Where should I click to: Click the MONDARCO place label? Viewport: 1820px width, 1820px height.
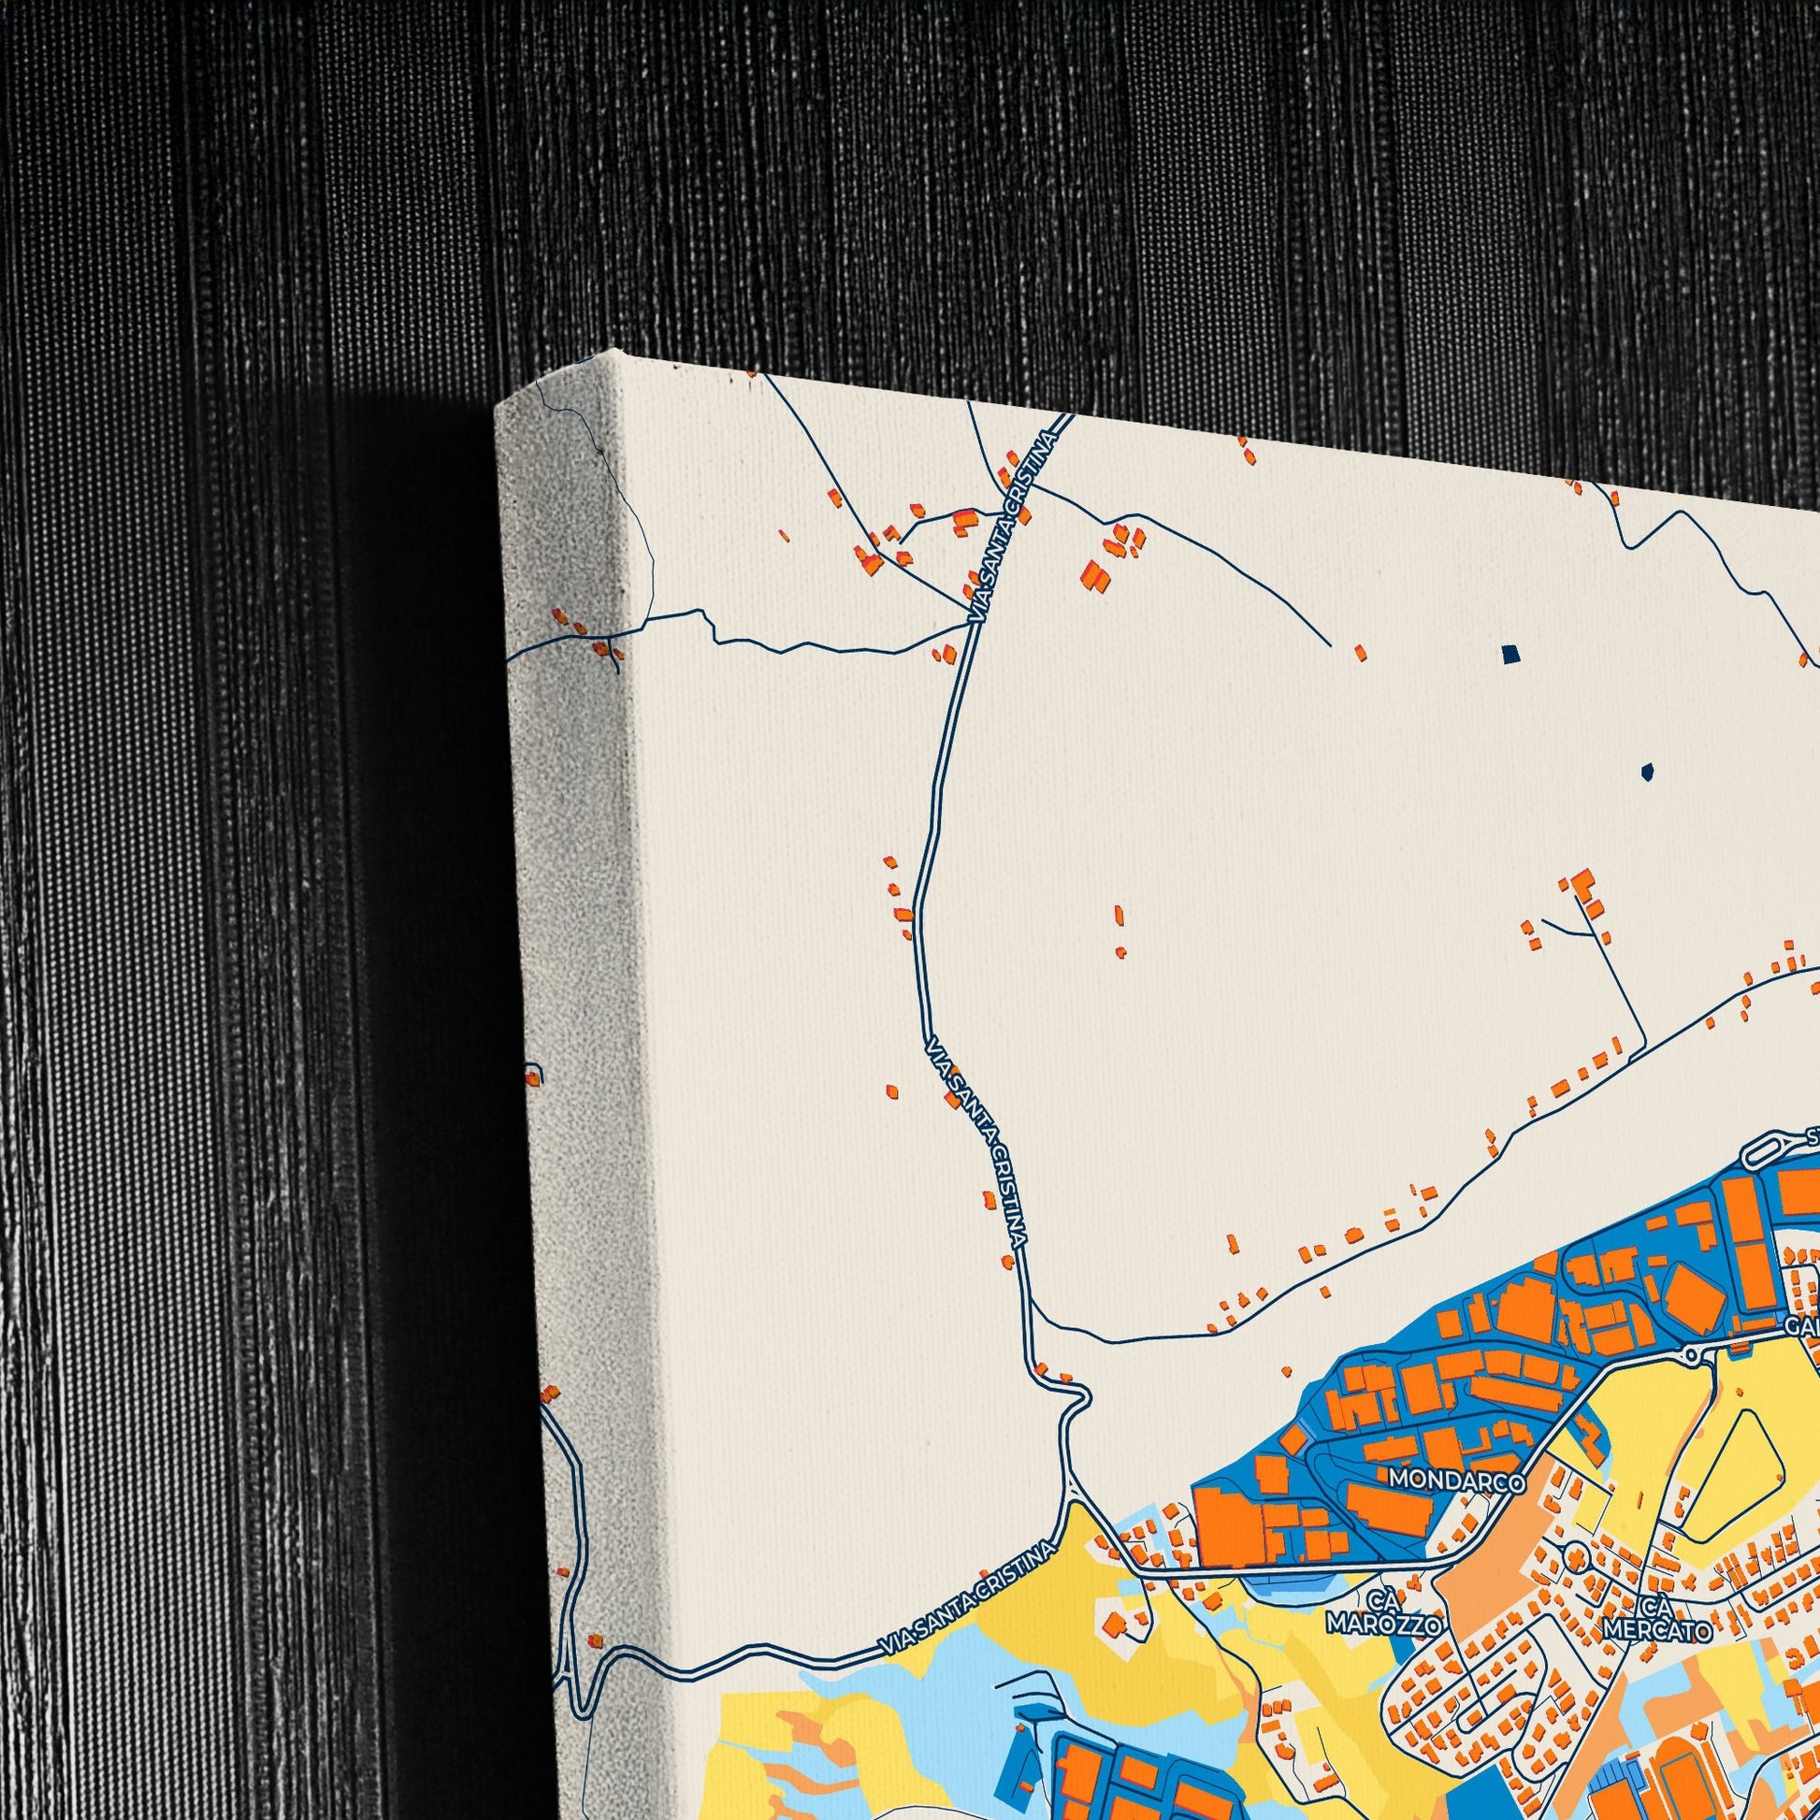coord(1456,1481)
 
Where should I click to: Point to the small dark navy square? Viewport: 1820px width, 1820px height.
coord(1510,653)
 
